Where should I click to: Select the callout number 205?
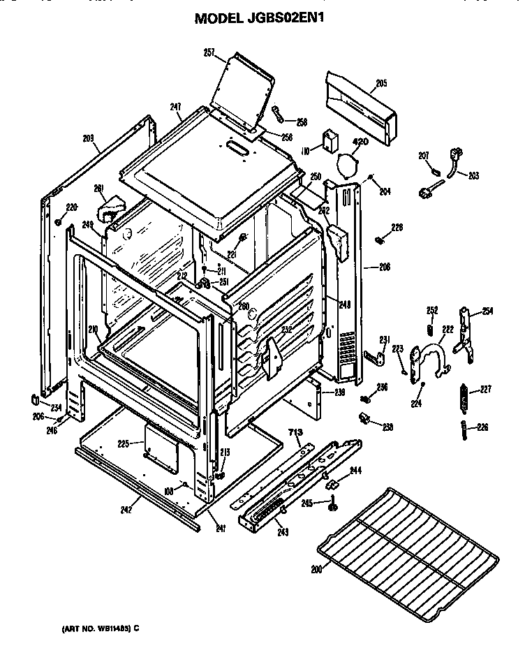(x=380, y=84)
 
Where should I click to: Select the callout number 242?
(x=126, y=510)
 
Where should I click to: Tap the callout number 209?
(x=88, y=138)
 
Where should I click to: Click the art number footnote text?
(x=96, y=628)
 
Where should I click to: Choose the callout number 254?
(x=487, y=311)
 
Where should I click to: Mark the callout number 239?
(x=340, y=392)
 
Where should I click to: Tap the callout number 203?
(x=473, y=175)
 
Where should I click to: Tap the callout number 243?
(x=283, y=533)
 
